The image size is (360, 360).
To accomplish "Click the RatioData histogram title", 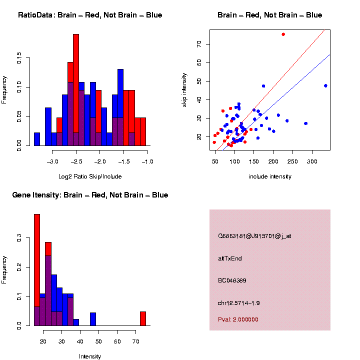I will point(90,15).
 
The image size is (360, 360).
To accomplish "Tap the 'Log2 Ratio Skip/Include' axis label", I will point(90,176).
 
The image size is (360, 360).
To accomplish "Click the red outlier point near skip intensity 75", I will point(283,34).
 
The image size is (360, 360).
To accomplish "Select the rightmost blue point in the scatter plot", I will point(325,85).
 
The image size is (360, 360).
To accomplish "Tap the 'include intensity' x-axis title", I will point(270,176).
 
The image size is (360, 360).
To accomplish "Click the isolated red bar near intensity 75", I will point(142,318).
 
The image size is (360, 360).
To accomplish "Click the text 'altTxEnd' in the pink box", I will point(230,258).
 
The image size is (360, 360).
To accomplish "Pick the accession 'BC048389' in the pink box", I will point(232,280).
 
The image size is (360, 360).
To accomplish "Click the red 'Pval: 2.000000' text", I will point(238,319).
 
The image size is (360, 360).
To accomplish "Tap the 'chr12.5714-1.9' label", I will point(239,303).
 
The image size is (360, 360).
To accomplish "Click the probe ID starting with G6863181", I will point(254,236).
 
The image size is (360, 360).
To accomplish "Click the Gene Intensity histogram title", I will point(90,195).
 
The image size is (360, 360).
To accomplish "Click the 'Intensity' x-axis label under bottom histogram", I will point(90,356).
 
